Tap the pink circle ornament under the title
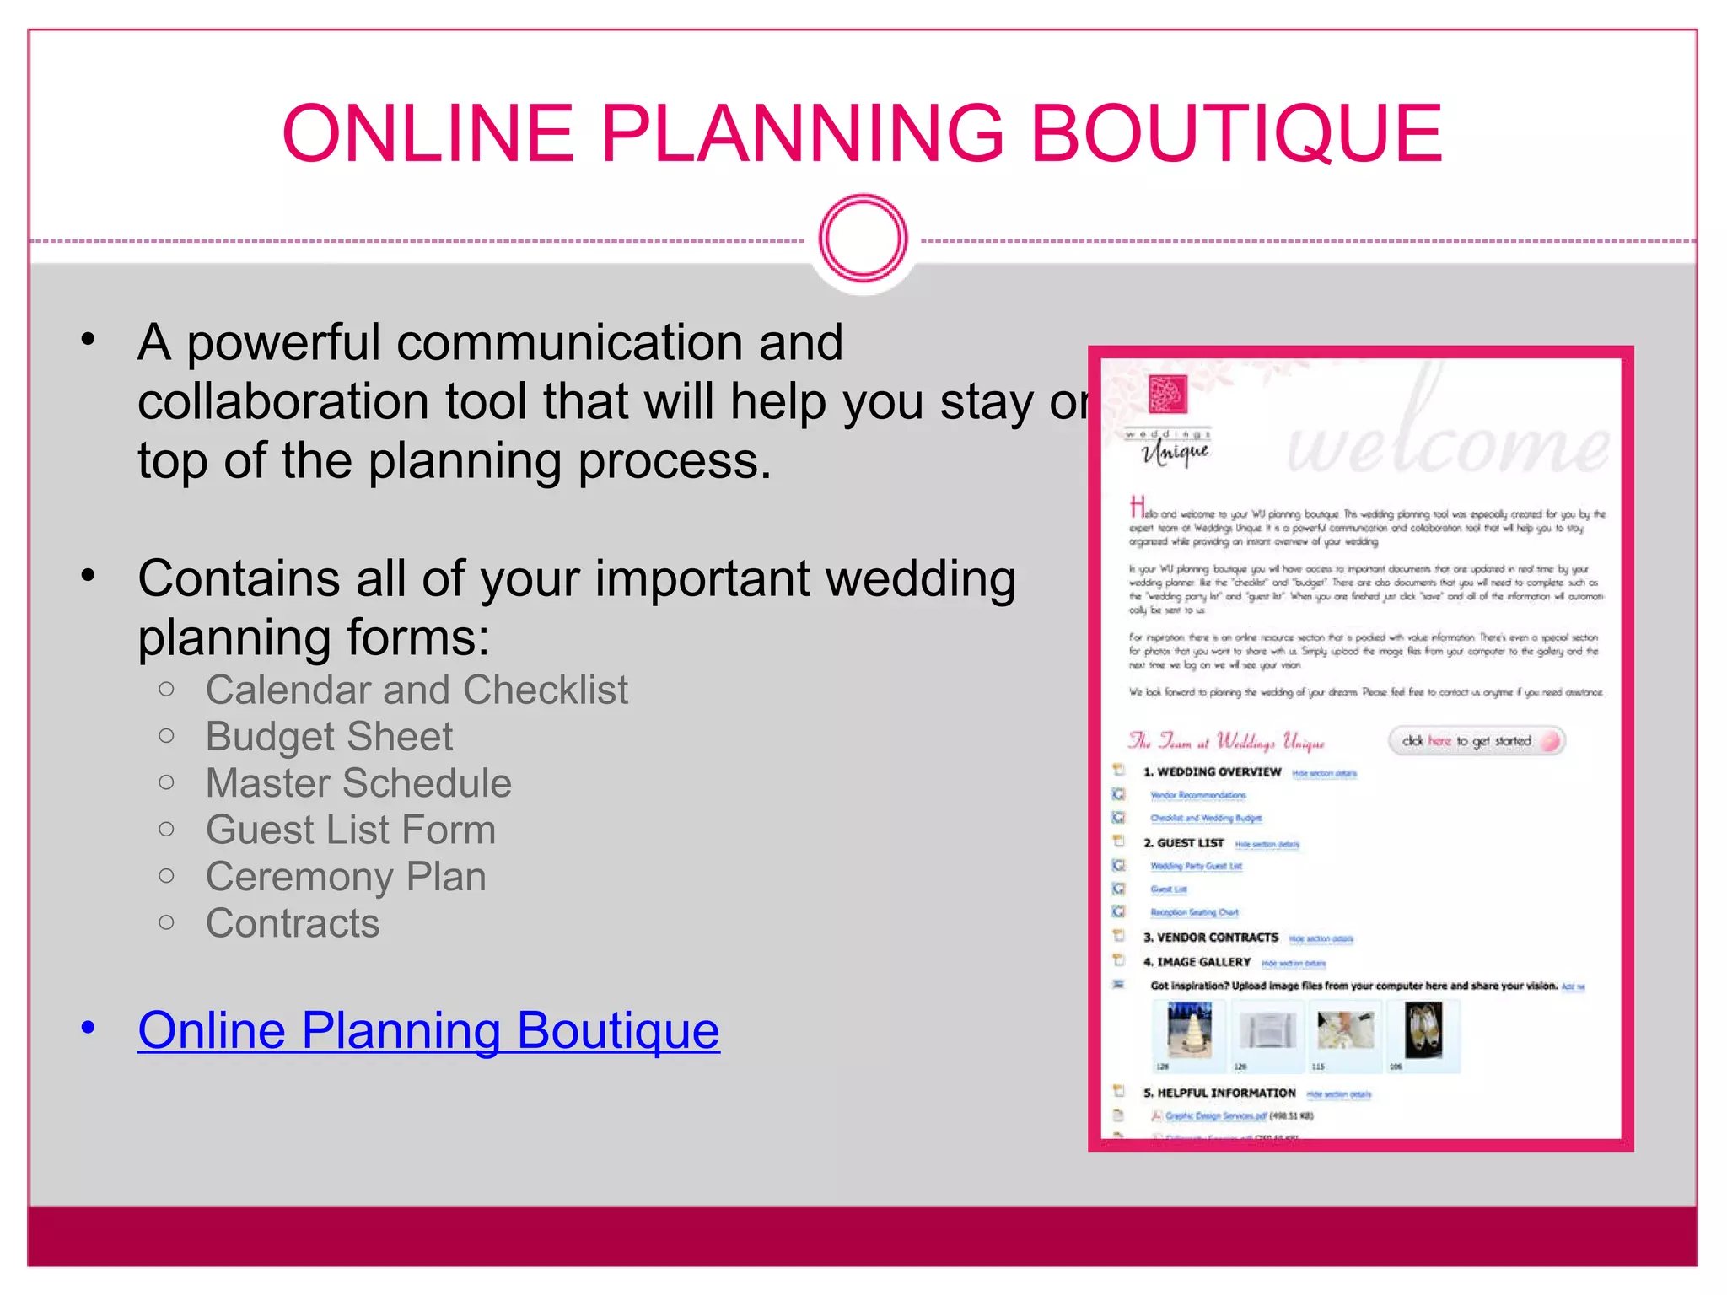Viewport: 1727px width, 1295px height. [863, 239]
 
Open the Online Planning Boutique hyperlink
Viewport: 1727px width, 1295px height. [428, 1030]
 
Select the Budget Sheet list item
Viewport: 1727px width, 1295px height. [329, 737]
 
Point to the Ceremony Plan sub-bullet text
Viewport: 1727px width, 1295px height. [346, 877]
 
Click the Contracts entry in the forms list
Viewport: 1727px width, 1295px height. [293, 923]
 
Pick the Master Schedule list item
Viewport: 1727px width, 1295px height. [358, 783]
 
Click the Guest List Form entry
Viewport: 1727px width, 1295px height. [351, 830]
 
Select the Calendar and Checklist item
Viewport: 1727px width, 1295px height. [417, 690]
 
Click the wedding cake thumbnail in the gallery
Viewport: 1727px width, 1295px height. [1190, 1029]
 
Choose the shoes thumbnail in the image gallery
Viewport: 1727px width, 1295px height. [1423, 1029]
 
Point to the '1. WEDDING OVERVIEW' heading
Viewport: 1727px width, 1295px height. [1212, 772]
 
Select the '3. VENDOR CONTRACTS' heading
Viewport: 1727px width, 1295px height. [1210, 938]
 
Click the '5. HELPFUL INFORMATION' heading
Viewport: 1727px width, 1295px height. [1219, 1093]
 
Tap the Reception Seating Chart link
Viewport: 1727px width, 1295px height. [1194, 912]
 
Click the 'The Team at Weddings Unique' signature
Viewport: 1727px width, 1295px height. [1226, 742]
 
